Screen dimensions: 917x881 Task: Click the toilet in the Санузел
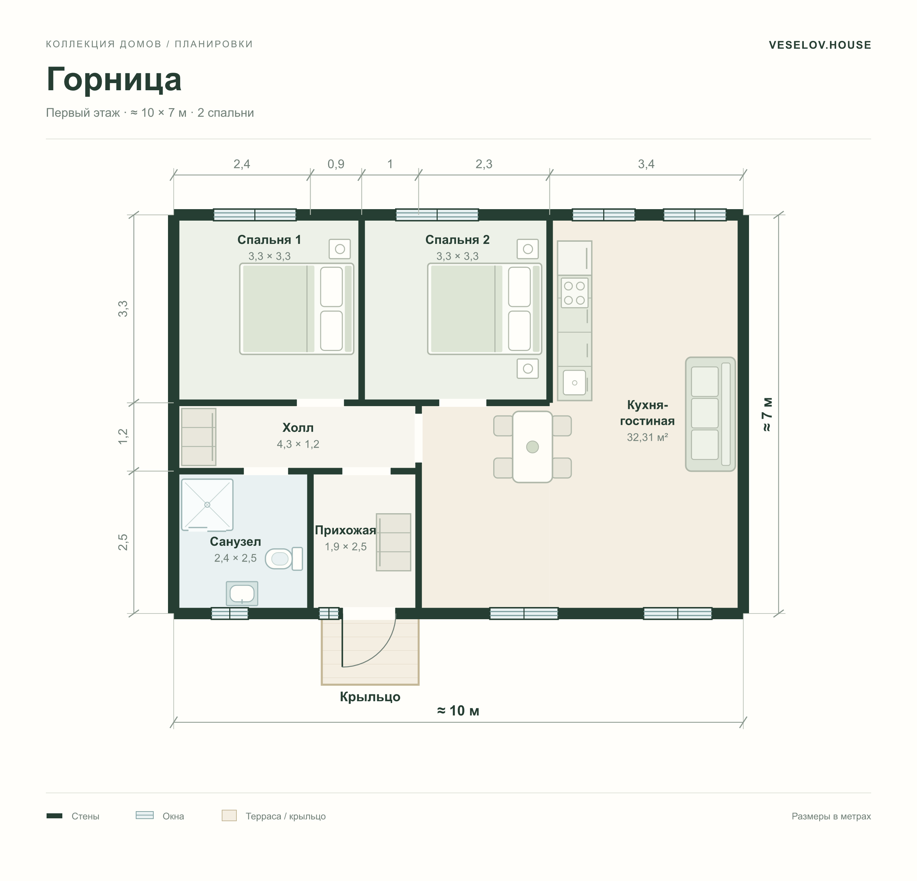(284, 559)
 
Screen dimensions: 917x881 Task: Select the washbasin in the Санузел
(242, 593)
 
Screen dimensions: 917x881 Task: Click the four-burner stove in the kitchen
(575, 293)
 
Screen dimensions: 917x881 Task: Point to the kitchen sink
(575, 383)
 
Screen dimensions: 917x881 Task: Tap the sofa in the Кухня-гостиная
(710, 414)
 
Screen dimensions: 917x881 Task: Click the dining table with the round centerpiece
(532, 447)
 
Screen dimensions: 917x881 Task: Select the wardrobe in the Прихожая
(393, 542)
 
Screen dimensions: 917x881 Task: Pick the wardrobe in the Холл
(198, 437)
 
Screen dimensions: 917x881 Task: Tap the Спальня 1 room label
(269, 240)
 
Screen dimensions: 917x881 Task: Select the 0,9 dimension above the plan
(336, 164)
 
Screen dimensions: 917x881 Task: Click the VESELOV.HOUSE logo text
(820, 45)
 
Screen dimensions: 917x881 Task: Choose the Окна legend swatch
(145, 815)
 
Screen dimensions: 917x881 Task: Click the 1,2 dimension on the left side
(123, 437)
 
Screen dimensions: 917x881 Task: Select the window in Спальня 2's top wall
(437, 215)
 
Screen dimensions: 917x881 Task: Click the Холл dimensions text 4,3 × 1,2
(298, 444)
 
